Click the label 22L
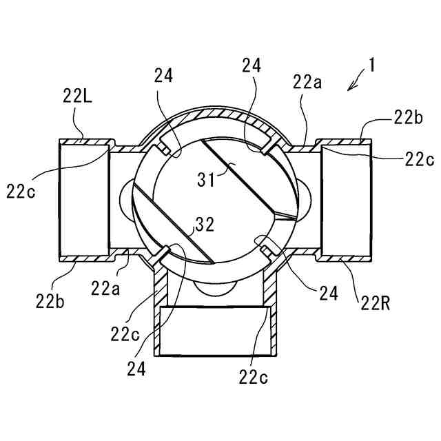[78, 97]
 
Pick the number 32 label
[205, 224]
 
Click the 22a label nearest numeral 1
[306, 83]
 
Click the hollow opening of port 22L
[83, 200]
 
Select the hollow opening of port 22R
[348, 200]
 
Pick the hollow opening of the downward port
[213, 331]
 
